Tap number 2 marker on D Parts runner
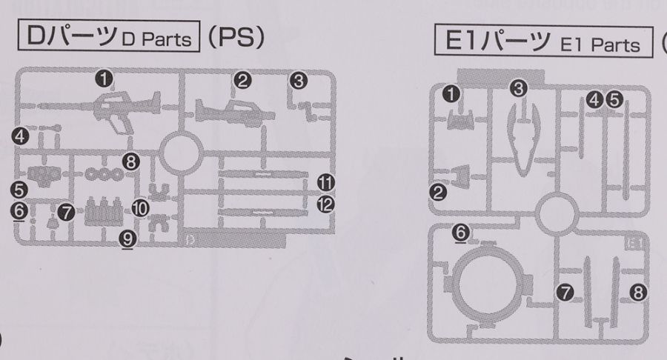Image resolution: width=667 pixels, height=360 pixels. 242,79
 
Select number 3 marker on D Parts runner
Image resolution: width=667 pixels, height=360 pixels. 299,81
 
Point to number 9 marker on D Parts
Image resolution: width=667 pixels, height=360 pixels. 127,237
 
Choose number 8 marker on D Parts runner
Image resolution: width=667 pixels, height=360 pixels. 132,160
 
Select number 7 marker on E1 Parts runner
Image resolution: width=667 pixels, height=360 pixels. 565,293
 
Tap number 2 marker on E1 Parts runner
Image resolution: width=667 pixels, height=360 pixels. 439,193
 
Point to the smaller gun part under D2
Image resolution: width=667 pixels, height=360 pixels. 234,112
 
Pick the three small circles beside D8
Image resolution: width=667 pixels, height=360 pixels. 104,175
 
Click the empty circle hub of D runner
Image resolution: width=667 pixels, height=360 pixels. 177,152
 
